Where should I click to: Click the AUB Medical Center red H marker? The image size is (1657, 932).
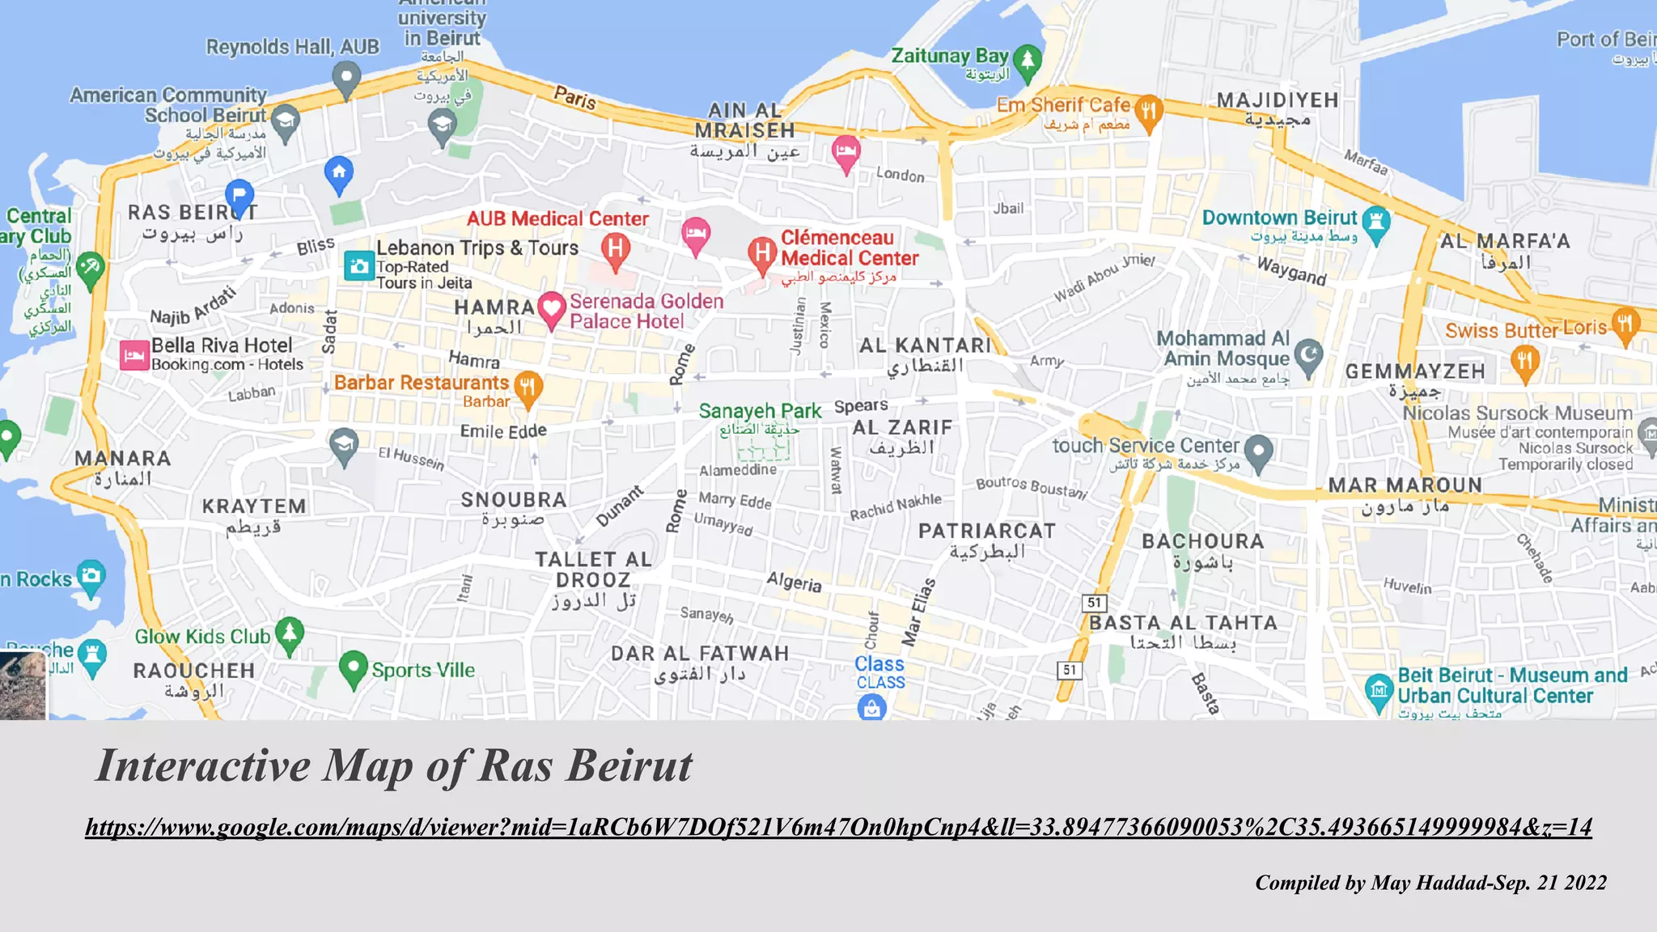tap(616, 248)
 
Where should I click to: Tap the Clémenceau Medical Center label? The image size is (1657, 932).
tap(849, 248)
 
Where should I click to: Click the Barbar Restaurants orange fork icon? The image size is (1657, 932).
tap(528, 387)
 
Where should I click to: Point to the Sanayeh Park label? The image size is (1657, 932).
tap(760, 411)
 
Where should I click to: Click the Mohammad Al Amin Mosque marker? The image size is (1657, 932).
tap(1307, 354)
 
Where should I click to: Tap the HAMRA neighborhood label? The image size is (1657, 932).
tap(494, 307)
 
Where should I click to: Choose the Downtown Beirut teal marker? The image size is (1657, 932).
tap(1375, 221)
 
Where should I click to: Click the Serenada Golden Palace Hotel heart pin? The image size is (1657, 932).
tap(552, 308)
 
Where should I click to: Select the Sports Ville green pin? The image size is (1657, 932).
tap(353, 667)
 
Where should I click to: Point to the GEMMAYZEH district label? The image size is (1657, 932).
tap(1415, 371)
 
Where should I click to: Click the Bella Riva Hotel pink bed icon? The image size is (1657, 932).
tap(134, 354)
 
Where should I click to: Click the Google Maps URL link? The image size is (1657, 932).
tap(838, 827)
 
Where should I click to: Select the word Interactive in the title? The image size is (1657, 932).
tap(203, 765)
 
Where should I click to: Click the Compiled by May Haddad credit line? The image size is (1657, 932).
tap(1430, 883)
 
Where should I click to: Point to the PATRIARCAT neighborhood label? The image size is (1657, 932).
tap(986, 532)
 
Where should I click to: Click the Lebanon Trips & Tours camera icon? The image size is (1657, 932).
tap(358, 265)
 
